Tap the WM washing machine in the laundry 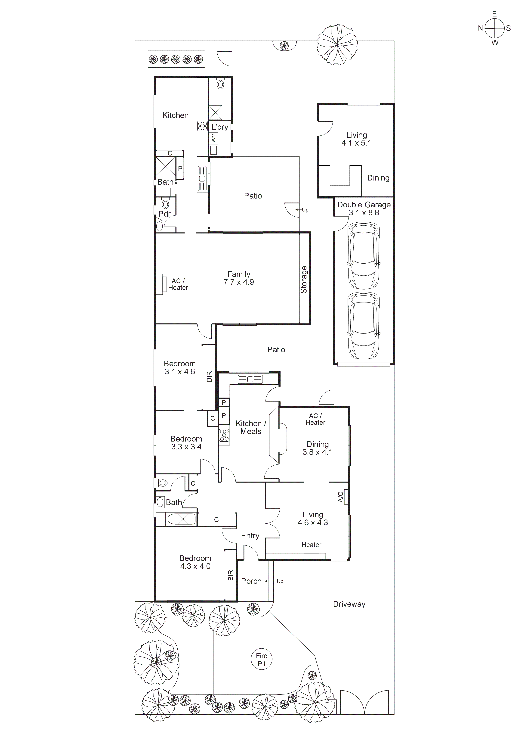[214, 138]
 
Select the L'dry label [220, 127]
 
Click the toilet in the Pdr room [166, 204]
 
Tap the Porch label [251, 581]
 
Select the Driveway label [349, 604]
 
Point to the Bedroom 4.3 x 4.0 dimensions [195, 566]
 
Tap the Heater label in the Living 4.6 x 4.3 [311, 545]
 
